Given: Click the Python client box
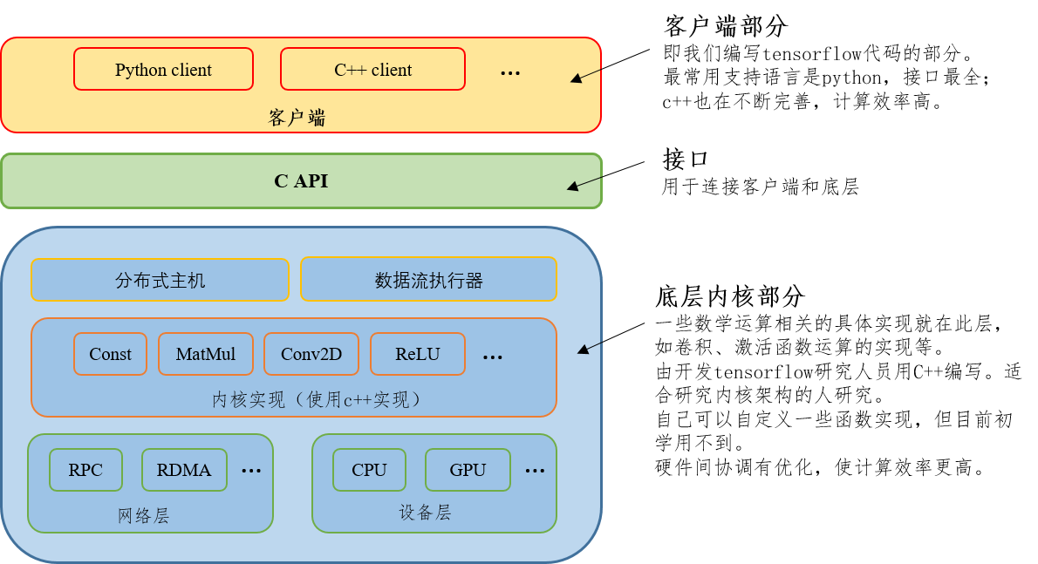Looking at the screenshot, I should [163, 70].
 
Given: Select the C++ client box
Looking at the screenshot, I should [372, 70].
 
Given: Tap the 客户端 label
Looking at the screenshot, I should [297, 118].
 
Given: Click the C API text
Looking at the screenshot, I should [301, 181].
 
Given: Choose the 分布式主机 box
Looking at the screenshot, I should [160, 280].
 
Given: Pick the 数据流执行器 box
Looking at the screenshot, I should [428, 280].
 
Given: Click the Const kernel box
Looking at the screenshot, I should [110, 354].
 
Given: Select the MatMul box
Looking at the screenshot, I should [206, 354].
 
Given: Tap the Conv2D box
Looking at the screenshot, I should [311, 354].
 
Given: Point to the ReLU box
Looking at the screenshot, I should [418, 354].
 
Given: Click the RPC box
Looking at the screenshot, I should [85, 470].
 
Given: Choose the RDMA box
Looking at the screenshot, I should [184, 470].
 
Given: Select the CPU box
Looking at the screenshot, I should [369, 470].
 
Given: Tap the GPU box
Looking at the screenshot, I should [468, 470].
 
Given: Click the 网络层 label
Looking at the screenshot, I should [144, 516].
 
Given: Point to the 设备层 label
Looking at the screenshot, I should [426, 513].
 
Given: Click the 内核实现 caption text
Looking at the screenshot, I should [318, 399].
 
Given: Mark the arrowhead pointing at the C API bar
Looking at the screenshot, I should [572, 186].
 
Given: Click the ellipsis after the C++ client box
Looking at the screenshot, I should [510, 73].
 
